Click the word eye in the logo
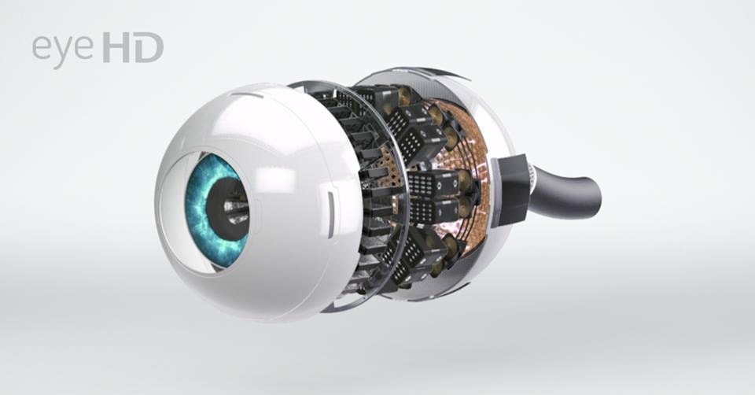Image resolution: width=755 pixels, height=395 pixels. pos(63,50)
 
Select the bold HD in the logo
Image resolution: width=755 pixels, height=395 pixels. pos(133,47)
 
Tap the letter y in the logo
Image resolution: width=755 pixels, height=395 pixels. pos(63,52)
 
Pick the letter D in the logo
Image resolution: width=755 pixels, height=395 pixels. pos(149,47)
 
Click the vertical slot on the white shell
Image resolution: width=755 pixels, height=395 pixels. pos(331,212)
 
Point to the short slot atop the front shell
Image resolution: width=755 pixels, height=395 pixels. pos(249,94)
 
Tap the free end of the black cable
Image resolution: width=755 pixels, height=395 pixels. pos(591,194)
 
